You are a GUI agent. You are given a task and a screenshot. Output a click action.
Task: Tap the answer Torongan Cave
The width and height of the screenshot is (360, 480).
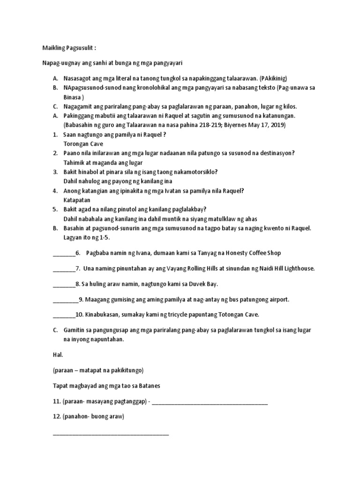coord(83,144)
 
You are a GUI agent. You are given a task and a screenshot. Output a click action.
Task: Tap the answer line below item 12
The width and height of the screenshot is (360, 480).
coord(111,434)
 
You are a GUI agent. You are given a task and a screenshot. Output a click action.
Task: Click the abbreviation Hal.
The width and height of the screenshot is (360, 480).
coord(58,355)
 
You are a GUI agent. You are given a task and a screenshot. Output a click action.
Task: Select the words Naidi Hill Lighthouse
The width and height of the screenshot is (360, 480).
coord(283,269)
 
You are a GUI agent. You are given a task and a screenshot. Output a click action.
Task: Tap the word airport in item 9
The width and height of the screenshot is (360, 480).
coord(278,300)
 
